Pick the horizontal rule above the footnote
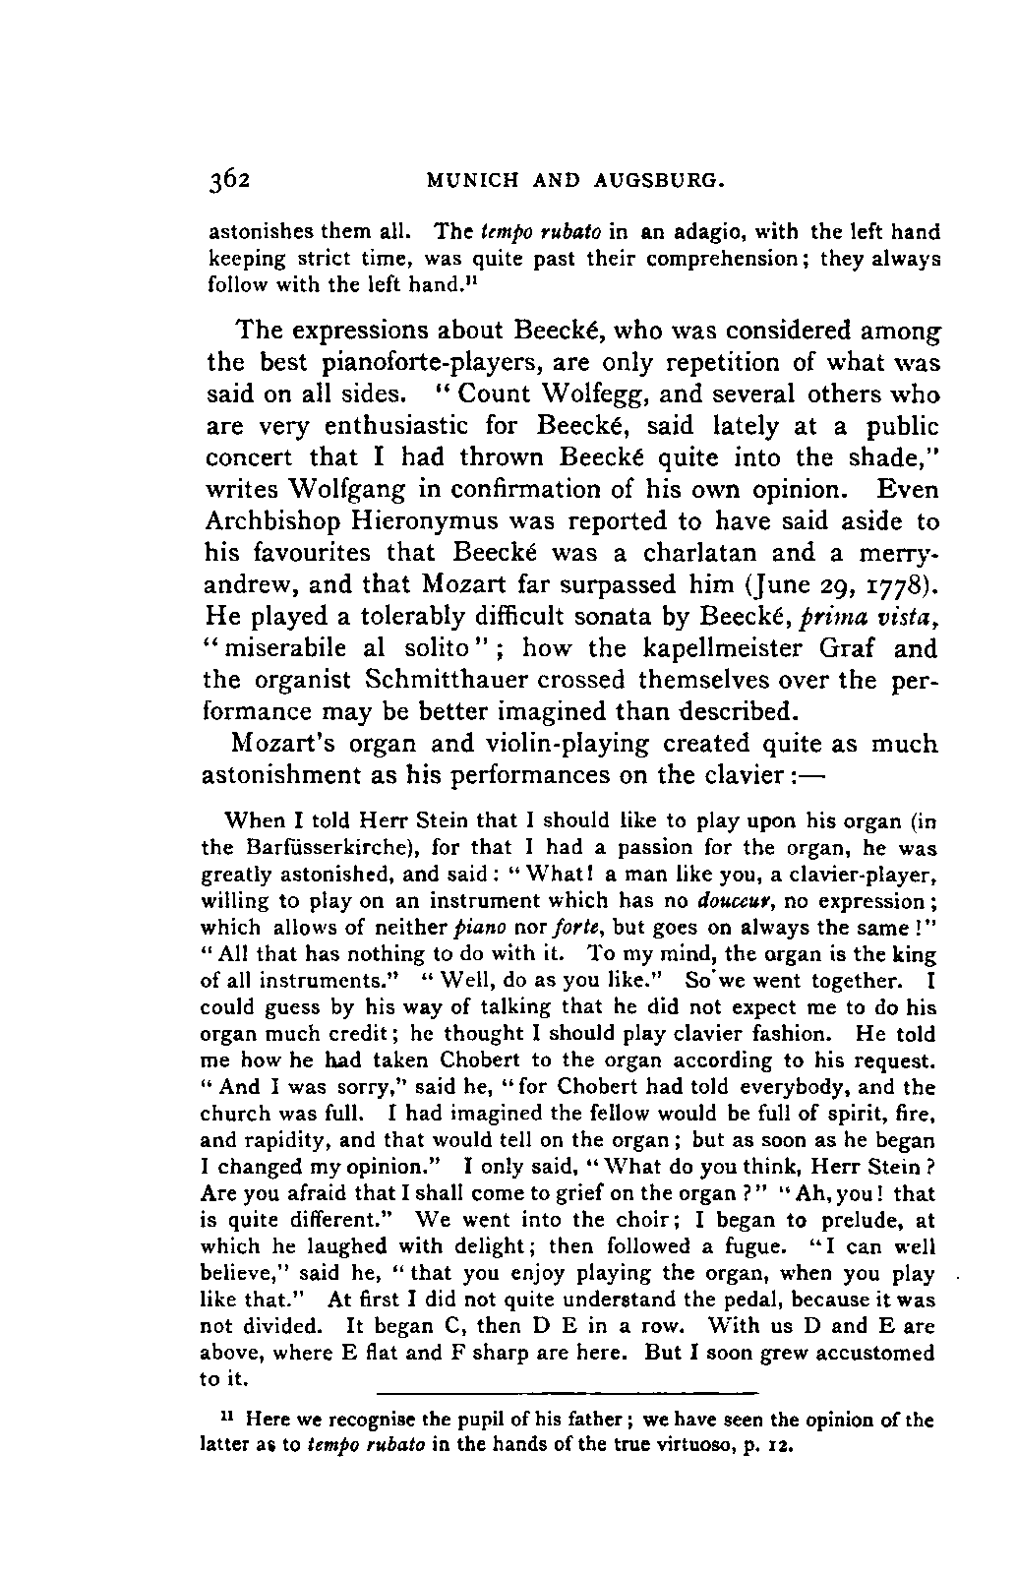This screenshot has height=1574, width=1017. coord(568,1392)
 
